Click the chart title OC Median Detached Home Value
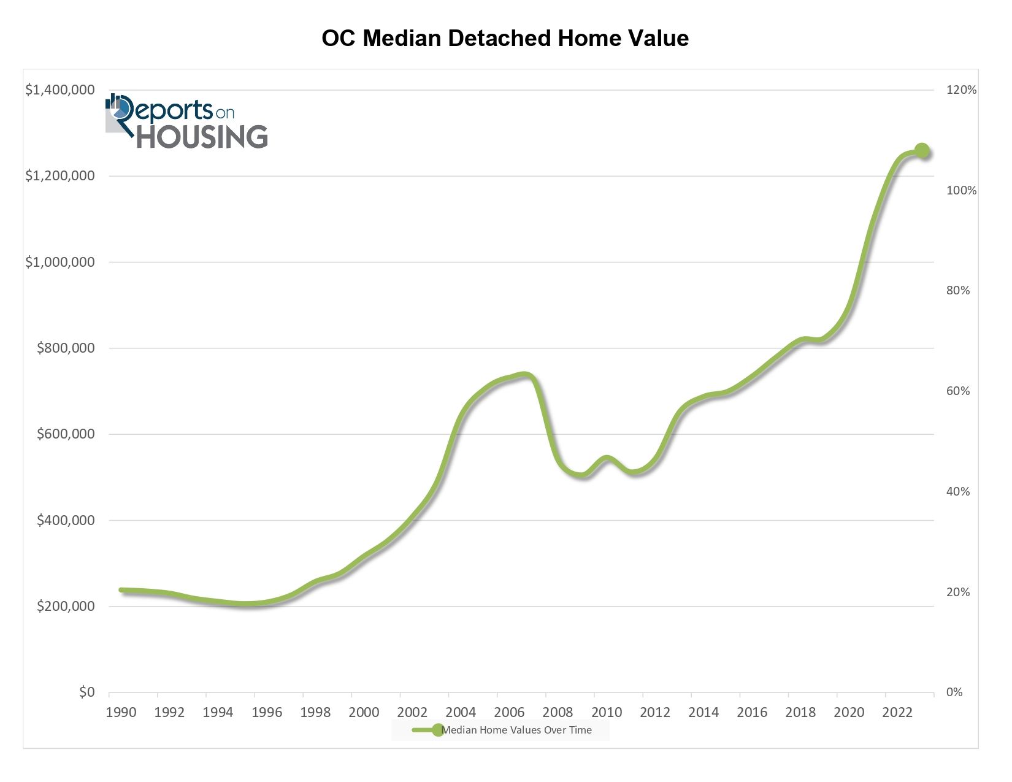coord(505,38)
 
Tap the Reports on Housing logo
coord(186,122)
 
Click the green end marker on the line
coord(922,150)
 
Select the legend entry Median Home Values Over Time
coord(516,730)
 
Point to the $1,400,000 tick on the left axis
coord(59,90)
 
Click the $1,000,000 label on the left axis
coord(59,263)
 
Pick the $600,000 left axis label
coord(66,434)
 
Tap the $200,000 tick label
coord(66,607)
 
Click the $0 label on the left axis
coord(86,692)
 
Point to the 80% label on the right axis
coord(957,291)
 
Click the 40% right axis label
coord(957,491)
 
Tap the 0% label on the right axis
coord(954,692)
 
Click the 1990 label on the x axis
coord(121,712)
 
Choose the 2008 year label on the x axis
coord(558,712)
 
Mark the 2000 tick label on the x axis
coord(364,712)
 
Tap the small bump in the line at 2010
coord(607,458)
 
